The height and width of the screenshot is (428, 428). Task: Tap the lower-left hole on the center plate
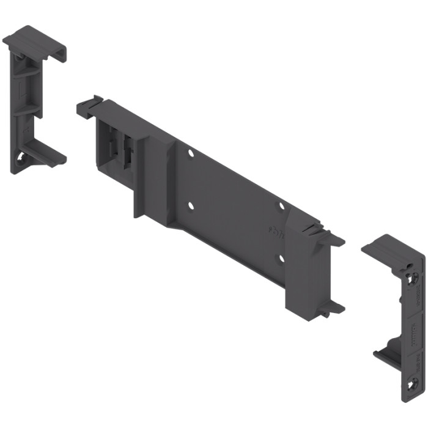(x=191, y=205)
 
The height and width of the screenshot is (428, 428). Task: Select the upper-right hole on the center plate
(x=282, y=205)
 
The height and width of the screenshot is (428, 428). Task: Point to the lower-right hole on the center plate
(x=282, y=257)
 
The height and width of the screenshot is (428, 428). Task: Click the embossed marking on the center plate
(x=275, y=232)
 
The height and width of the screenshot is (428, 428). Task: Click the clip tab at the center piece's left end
(x=89, y=106)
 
